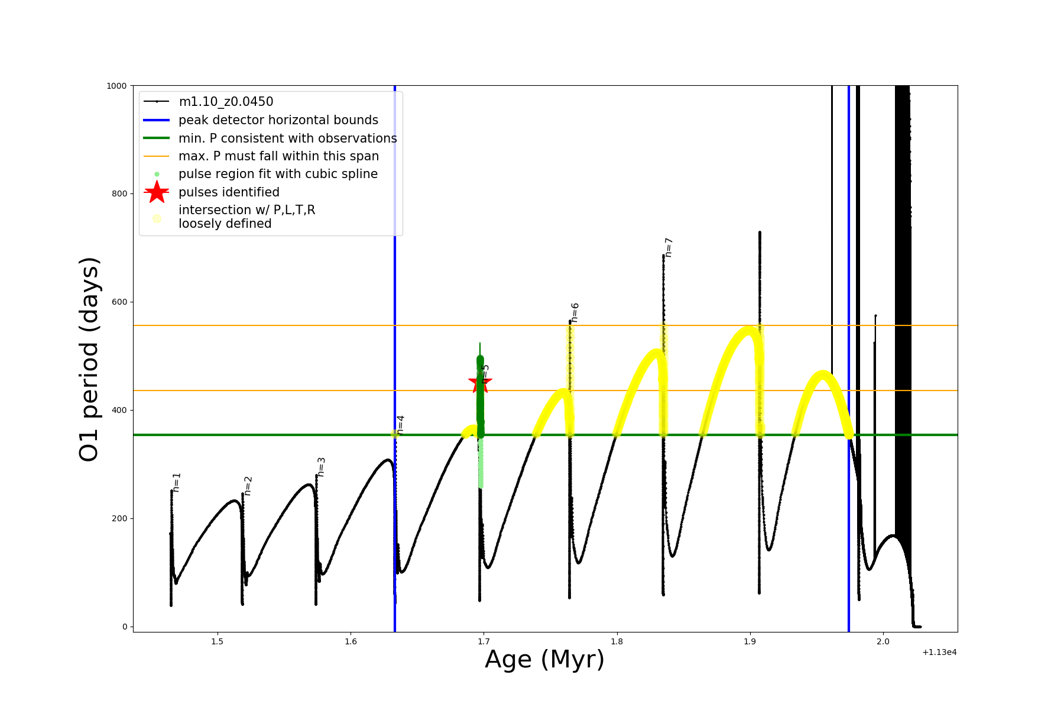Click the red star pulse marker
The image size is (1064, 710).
[479, 382]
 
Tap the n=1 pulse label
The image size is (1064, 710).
[176, 482]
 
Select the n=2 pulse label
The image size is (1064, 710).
[248, 486]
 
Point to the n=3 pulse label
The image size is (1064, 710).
[321, 467]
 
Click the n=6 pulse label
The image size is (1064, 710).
[575, 312]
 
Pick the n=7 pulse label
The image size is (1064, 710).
[668, 247]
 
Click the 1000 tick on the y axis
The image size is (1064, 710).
[116, 86]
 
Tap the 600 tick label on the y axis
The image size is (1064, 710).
[119, 302]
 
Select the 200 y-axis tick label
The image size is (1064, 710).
[119, 518]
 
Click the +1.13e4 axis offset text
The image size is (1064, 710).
[939, 652]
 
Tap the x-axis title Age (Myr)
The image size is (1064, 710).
[544, 660]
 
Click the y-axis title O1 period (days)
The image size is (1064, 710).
[89, 359]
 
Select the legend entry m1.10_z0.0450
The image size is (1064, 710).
[226, 102]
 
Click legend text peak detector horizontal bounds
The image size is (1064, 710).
[278, 120]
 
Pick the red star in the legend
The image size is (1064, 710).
[157, 192]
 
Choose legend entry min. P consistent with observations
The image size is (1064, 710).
[288, 138]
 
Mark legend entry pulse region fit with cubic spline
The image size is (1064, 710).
[278, 174]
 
